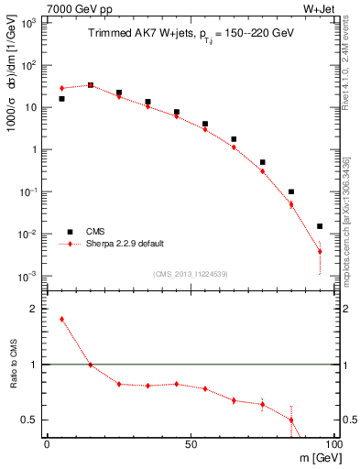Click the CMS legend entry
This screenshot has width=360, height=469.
tap(90, 232)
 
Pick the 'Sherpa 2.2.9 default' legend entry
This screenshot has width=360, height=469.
tap(119, 245)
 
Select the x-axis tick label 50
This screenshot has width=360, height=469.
tap(190, 443)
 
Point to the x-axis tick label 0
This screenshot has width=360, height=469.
tap(47, 443)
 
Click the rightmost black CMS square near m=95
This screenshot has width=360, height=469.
tap(320, 226)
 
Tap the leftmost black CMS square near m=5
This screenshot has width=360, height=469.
tap(61, 99)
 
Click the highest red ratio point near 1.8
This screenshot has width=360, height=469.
tap(61, 320)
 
